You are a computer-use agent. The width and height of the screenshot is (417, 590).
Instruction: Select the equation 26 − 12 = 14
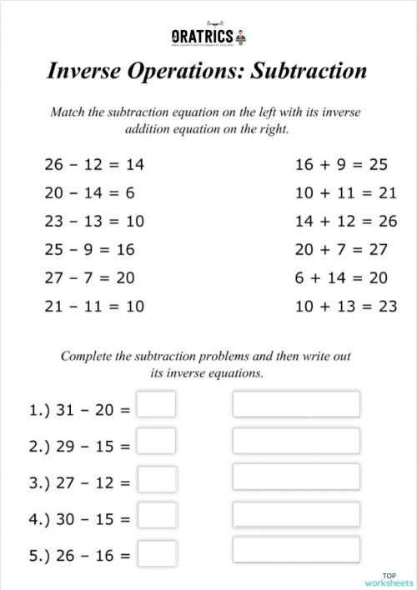(x=93, y=165)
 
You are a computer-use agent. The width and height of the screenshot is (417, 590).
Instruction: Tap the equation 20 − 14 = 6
(x=89, y=193)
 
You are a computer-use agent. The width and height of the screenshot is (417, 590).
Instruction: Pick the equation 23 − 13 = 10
(x=93, y=222)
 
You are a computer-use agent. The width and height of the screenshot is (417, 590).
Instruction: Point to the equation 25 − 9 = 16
(x=89, y=250)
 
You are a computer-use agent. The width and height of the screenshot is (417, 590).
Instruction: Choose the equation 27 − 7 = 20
(x=89, y=278)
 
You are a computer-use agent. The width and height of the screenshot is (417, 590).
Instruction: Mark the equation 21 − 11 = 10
(x=93, y=307)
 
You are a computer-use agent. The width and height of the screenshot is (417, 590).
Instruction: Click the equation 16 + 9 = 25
(x=341, y=165)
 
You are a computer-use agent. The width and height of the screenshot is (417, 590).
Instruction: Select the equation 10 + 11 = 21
(x=345, y=193)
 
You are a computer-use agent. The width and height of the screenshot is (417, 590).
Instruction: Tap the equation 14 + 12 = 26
(x=345, y=222)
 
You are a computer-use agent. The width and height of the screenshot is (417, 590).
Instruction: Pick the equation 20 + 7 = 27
(x=341, y=250)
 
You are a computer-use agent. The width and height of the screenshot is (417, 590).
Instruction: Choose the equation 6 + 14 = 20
(x=341, y=278)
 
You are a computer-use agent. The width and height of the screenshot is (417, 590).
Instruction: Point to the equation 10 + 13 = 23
(x=345, y=307)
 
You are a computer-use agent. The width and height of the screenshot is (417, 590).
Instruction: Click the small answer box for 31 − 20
(x=156, y=405)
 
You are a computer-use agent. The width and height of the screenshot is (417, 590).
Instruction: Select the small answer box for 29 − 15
(x=156, y=442)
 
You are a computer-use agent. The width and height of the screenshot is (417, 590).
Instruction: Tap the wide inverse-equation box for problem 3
(x=296, y=477)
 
